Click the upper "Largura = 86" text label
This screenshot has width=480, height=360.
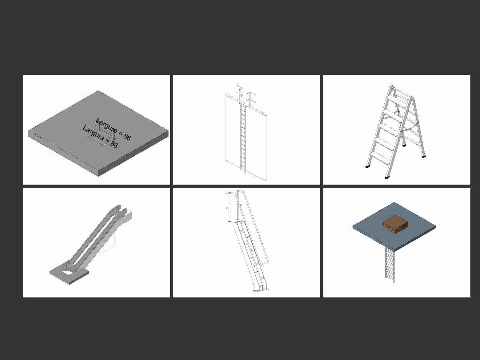[114, 129]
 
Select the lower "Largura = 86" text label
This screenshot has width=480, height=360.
[100, 136]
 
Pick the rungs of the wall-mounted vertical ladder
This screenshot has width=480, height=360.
[243, 138]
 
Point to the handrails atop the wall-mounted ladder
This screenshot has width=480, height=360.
[246, 96]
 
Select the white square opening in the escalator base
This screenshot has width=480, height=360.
[68, 273]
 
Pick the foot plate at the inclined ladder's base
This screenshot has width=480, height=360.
[257, 291]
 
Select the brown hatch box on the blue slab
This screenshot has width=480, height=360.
[395, 224]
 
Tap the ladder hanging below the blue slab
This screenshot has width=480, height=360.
[390, 265]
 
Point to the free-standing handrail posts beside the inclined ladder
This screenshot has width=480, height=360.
[233, 206]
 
